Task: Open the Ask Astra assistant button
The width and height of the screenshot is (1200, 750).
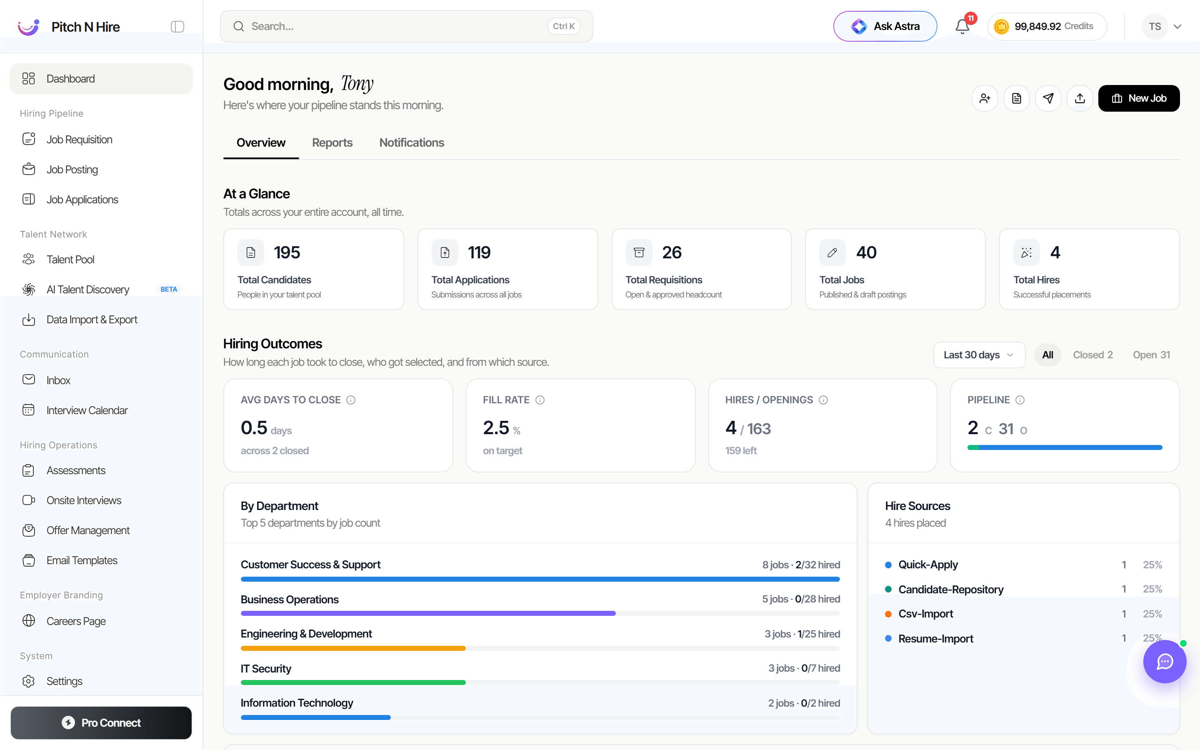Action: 885,26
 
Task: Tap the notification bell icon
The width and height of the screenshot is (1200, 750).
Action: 962,26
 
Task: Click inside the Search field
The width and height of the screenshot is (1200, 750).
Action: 407,26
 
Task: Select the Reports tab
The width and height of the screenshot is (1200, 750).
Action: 332,143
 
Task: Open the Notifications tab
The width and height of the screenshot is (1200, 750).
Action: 412,143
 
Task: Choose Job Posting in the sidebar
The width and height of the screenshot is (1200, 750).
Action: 72,170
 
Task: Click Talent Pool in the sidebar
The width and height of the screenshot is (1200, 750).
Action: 70,260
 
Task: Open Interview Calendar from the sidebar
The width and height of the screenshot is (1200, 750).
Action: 87,410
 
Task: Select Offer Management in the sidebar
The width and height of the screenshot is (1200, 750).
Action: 88,530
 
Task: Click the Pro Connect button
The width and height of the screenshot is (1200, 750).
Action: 101,723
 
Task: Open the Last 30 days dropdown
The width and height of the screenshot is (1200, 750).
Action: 979,355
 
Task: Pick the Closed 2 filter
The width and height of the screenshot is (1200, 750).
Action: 1093,355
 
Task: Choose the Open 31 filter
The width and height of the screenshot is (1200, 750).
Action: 1151,355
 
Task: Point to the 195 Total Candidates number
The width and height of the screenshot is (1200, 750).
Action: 287,252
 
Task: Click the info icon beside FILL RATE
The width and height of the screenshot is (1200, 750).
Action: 540,400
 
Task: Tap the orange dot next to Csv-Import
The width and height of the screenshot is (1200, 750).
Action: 889,614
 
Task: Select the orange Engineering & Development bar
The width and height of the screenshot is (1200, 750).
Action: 353,648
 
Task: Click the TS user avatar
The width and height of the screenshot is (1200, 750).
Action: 1155,26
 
